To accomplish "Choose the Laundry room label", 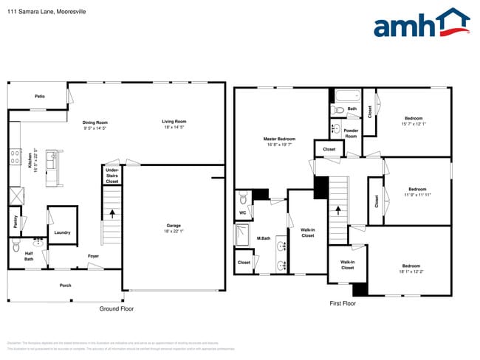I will tap(62, 232).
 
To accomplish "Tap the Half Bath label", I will tap(29, 256).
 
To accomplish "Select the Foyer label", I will tap(93, 256).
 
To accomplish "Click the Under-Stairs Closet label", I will tap(112, 176).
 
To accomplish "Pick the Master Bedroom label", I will tap(279, 141).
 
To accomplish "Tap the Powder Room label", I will tap(351, 133).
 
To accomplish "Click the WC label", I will tap(242, 214).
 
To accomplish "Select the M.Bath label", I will tap(262, 238).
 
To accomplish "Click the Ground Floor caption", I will tap(117, 309).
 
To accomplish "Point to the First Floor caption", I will tap(342, 303).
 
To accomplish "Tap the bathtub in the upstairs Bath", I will tap(346, 94).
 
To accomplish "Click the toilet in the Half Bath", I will tap(38, 242).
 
